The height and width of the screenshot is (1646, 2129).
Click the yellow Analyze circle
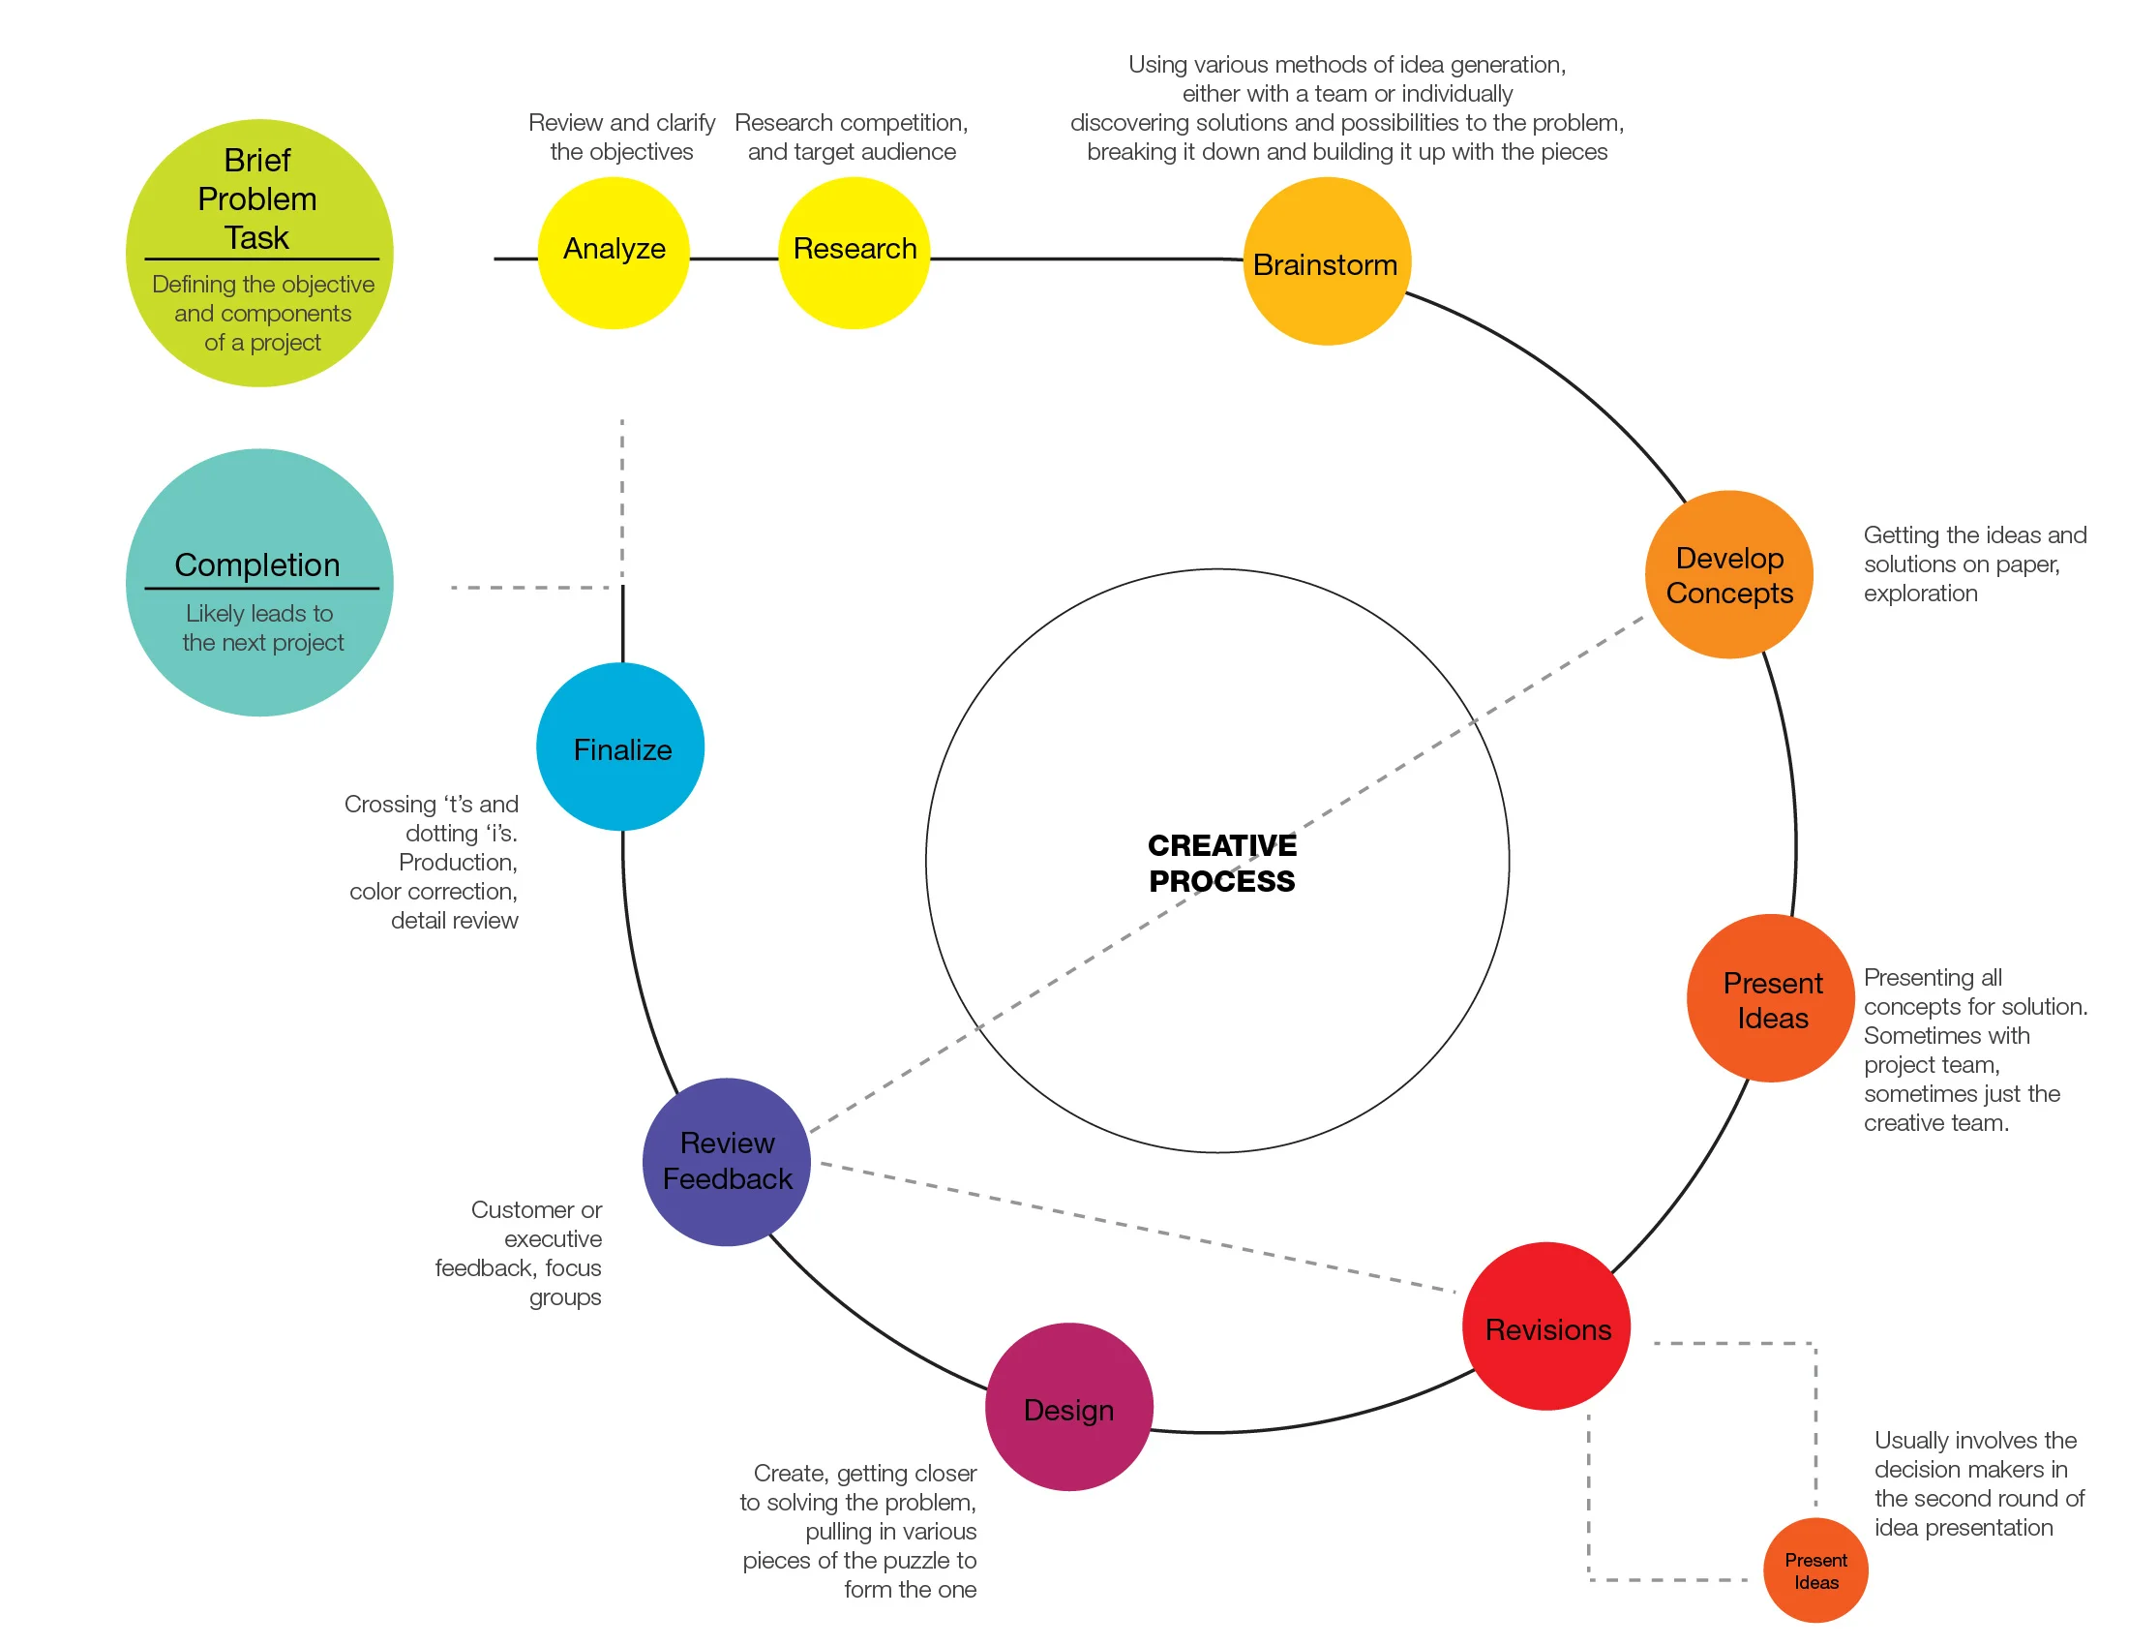coord(615,253)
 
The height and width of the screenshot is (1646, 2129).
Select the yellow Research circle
coord(854,253)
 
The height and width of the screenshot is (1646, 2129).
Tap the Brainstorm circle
coord(1327,261)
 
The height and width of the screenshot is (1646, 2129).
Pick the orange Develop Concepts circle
coord(1729,574)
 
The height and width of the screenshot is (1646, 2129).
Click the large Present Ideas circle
coord(1770,998)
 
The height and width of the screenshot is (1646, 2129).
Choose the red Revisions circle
coord(1546,1326)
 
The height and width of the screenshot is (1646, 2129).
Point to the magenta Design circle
coord(1069,1407)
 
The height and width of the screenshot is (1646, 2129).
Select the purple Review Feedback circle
coord(726,1161)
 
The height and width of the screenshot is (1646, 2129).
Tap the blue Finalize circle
coord(621,747)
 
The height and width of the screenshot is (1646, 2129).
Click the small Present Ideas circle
coord(1815,1570)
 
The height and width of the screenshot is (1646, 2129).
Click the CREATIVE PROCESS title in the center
coord(1221,863)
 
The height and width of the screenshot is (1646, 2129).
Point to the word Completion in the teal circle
coord(257,564)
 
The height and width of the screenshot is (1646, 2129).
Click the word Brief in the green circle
coord(257,160)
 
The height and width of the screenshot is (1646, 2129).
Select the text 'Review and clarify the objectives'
coord(621,137)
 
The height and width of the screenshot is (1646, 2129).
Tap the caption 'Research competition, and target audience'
coord(851,137)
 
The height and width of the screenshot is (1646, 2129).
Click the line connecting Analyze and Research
coord(735,259)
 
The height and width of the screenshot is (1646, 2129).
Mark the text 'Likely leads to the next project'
coord(262,628)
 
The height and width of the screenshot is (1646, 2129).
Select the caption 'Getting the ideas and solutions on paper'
coord(1973,564)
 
